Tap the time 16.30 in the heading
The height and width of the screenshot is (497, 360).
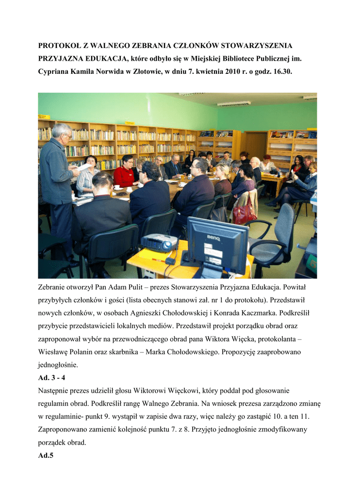282,72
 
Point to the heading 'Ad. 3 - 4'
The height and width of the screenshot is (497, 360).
51,377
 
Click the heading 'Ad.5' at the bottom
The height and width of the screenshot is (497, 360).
46,455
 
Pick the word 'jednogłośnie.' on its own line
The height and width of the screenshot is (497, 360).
58,364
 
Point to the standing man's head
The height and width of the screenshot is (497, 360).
62,132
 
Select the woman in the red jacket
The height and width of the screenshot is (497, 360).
124,174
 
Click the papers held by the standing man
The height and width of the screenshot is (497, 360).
83,166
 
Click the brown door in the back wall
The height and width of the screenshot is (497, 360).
255,146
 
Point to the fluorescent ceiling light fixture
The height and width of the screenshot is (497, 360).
234,103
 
